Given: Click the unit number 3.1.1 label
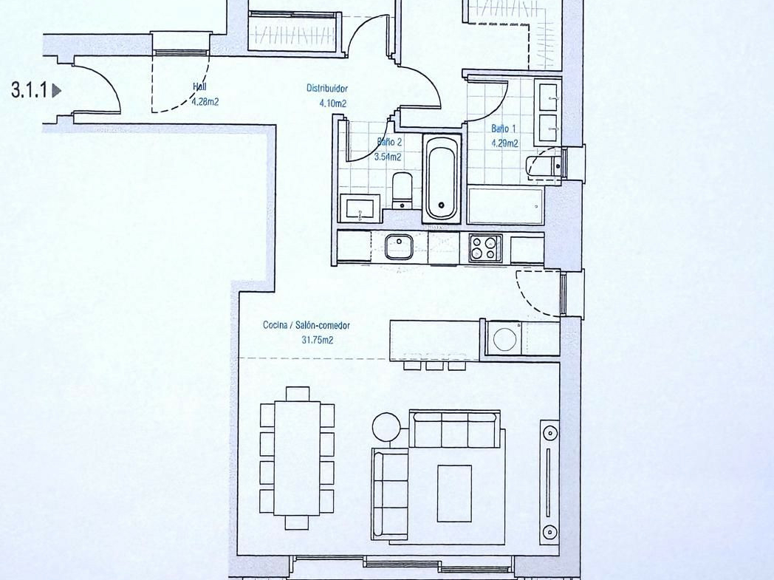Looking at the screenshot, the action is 30,90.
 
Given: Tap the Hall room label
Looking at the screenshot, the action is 200,87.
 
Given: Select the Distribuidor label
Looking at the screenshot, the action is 326,89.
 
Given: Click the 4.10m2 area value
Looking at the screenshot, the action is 332,103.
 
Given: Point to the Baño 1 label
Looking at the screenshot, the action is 504,129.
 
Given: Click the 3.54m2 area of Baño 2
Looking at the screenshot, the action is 388,157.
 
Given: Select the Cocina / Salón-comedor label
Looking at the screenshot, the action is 306,325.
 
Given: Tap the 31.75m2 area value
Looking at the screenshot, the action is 317,340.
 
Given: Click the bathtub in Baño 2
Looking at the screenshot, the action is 442,179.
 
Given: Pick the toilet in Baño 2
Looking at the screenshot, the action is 403,191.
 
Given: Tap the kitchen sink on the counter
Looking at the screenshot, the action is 399,246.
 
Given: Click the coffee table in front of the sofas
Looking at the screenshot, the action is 454,493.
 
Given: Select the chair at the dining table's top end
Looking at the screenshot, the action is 297,393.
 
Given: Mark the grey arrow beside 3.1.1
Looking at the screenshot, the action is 56,90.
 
